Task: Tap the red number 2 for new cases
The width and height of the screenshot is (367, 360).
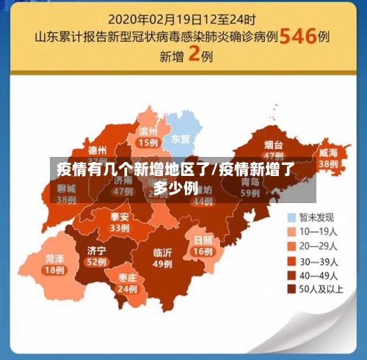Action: (x=195, y=56)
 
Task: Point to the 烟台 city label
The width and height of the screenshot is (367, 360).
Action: (x=274, y=145)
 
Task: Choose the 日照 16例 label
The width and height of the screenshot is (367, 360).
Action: (x=203, y=245)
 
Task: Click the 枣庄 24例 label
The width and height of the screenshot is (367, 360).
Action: (x=127, y=283)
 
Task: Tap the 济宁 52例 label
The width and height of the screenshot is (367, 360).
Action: (x=95, y=255)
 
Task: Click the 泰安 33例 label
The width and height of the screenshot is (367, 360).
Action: (x=120, y=222)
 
